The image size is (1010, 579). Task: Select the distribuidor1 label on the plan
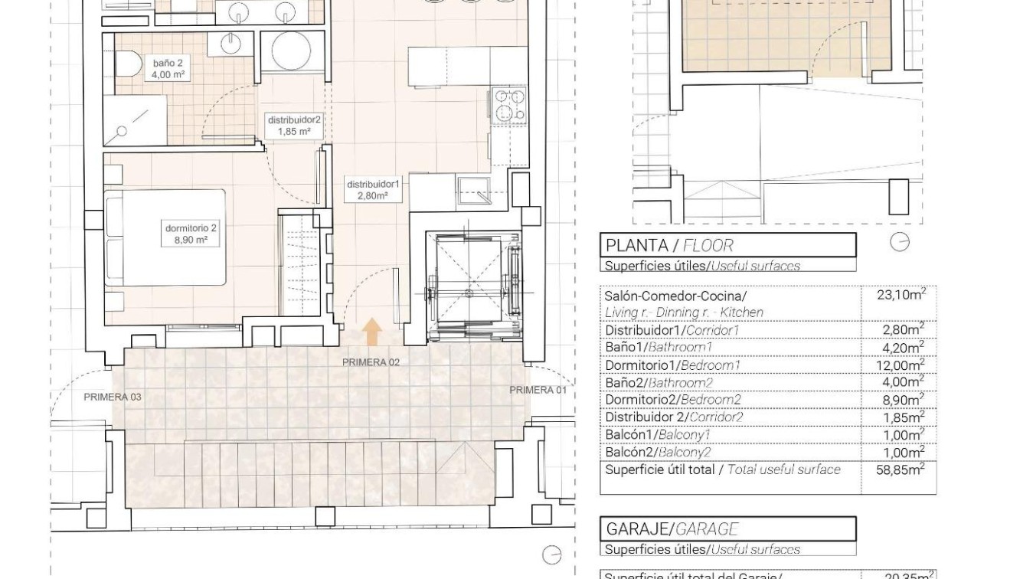point(373,189)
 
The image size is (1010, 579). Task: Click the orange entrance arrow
point(372,332)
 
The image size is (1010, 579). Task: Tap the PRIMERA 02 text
point(371,362)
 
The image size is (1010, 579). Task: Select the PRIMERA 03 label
point(113,397)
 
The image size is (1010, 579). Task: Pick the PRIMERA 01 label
point(539,390)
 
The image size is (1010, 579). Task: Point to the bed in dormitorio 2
point(165,237)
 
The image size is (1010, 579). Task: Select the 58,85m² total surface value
point(901,470)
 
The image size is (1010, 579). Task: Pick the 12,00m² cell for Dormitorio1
point(901,365)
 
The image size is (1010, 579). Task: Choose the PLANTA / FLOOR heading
point(669,246)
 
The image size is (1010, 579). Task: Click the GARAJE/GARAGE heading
point(672,528)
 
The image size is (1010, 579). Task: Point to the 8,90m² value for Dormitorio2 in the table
point(903,400)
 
